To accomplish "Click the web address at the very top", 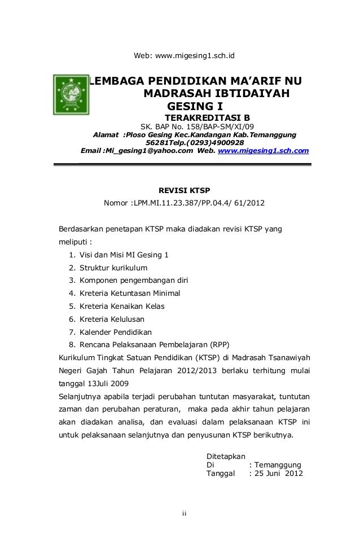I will tap(184, 56).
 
